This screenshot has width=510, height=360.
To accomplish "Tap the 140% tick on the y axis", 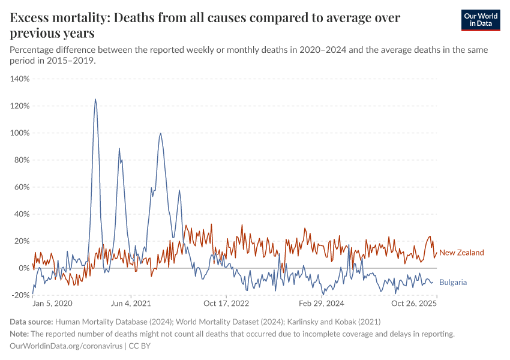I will point(20,79).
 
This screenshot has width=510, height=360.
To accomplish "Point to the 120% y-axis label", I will point(20,106).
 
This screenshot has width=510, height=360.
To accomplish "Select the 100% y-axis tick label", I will point(20,133).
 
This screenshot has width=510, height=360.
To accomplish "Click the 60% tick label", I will point(22,187).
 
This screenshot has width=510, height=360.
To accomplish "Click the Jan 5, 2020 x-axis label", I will point(52,304).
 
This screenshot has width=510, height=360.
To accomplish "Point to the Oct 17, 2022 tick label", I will point(226,304).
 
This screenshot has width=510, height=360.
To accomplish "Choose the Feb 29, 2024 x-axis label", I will point(322,304).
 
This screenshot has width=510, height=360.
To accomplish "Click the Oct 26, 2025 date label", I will point(414,304).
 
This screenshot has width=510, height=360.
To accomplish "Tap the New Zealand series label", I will point(461,253).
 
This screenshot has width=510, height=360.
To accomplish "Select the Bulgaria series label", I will point(453,282).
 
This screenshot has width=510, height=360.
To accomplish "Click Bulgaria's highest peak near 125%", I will point(95,100).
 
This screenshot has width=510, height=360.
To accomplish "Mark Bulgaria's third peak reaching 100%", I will point(160,133).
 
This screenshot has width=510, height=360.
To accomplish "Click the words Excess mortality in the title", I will point(59,18).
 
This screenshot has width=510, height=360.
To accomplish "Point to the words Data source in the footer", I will point(31,322).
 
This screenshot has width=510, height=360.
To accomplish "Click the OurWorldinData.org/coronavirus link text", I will point(66,346).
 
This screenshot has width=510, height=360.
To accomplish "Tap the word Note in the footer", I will point(19,334).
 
